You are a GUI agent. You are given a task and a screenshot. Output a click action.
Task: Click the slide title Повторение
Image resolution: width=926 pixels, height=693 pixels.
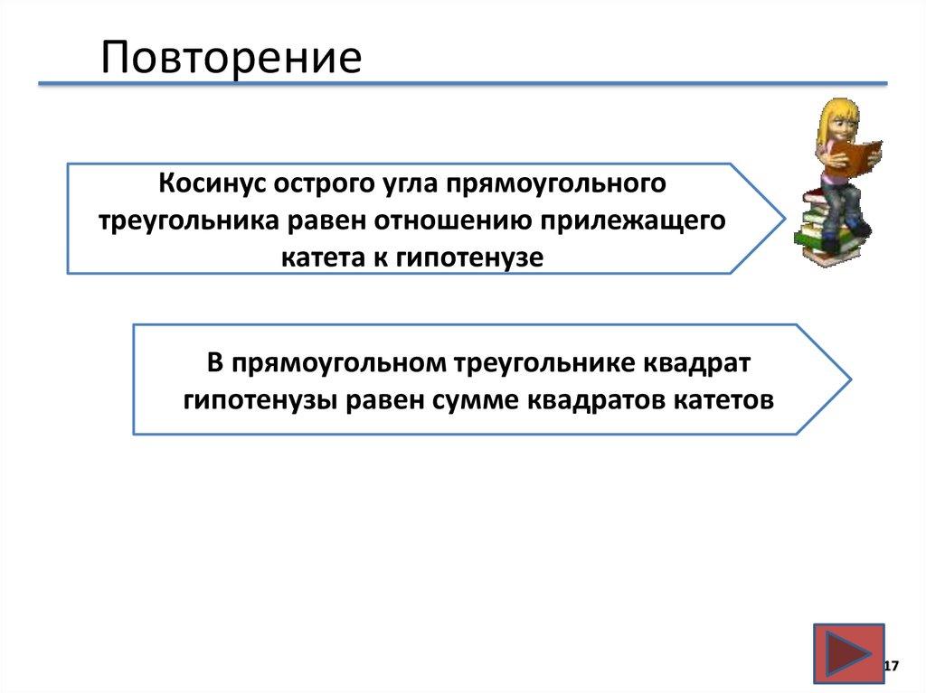pos(231,58)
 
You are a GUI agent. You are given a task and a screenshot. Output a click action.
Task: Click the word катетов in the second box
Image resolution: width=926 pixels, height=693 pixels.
pos(723,399)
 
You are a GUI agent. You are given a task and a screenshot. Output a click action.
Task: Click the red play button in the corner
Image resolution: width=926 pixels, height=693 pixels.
pos(847,653)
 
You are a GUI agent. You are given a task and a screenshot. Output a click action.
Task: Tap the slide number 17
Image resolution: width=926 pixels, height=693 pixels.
pos(891,667)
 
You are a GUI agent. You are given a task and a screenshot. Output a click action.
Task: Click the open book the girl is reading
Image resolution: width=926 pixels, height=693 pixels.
pos(854,155)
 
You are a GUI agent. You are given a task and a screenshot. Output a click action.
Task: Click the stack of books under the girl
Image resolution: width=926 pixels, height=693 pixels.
pos(825,230)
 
